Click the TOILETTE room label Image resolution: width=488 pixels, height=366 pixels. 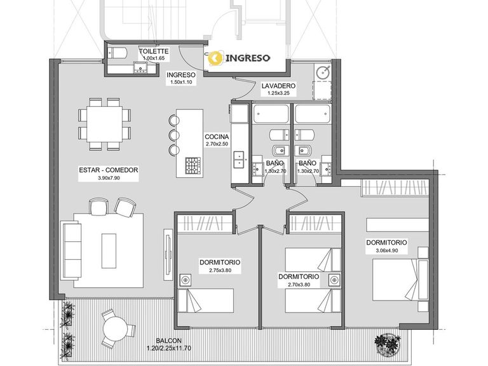[154, 51]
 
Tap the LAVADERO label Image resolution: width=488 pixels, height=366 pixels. [278, 86]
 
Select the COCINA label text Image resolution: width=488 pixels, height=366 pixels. [217, 137]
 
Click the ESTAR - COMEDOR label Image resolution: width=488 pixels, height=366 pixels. [108, 170]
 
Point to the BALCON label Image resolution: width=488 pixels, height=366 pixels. [168, 341]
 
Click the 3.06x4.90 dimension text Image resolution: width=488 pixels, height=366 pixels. [386, 250]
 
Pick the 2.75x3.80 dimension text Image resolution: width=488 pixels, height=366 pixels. [220, 270]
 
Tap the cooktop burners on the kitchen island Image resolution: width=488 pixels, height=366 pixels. [193, 166]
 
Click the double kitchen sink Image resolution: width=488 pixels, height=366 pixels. [239, 159]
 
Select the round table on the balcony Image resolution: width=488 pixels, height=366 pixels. [116, 329]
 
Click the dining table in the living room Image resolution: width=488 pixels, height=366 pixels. [105, 124]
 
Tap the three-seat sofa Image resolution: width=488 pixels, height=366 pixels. [71, 250]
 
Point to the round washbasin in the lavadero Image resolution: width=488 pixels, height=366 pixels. [323, 72]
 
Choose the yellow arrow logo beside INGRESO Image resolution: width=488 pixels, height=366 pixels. [215, 58]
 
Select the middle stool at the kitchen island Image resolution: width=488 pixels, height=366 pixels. [174, 135]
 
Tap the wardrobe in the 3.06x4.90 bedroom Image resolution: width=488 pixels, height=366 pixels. [395, 187]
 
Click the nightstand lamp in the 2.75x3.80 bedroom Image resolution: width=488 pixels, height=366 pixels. [186, 280]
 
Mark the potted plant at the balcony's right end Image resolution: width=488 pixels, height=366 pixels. [388, 344]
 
